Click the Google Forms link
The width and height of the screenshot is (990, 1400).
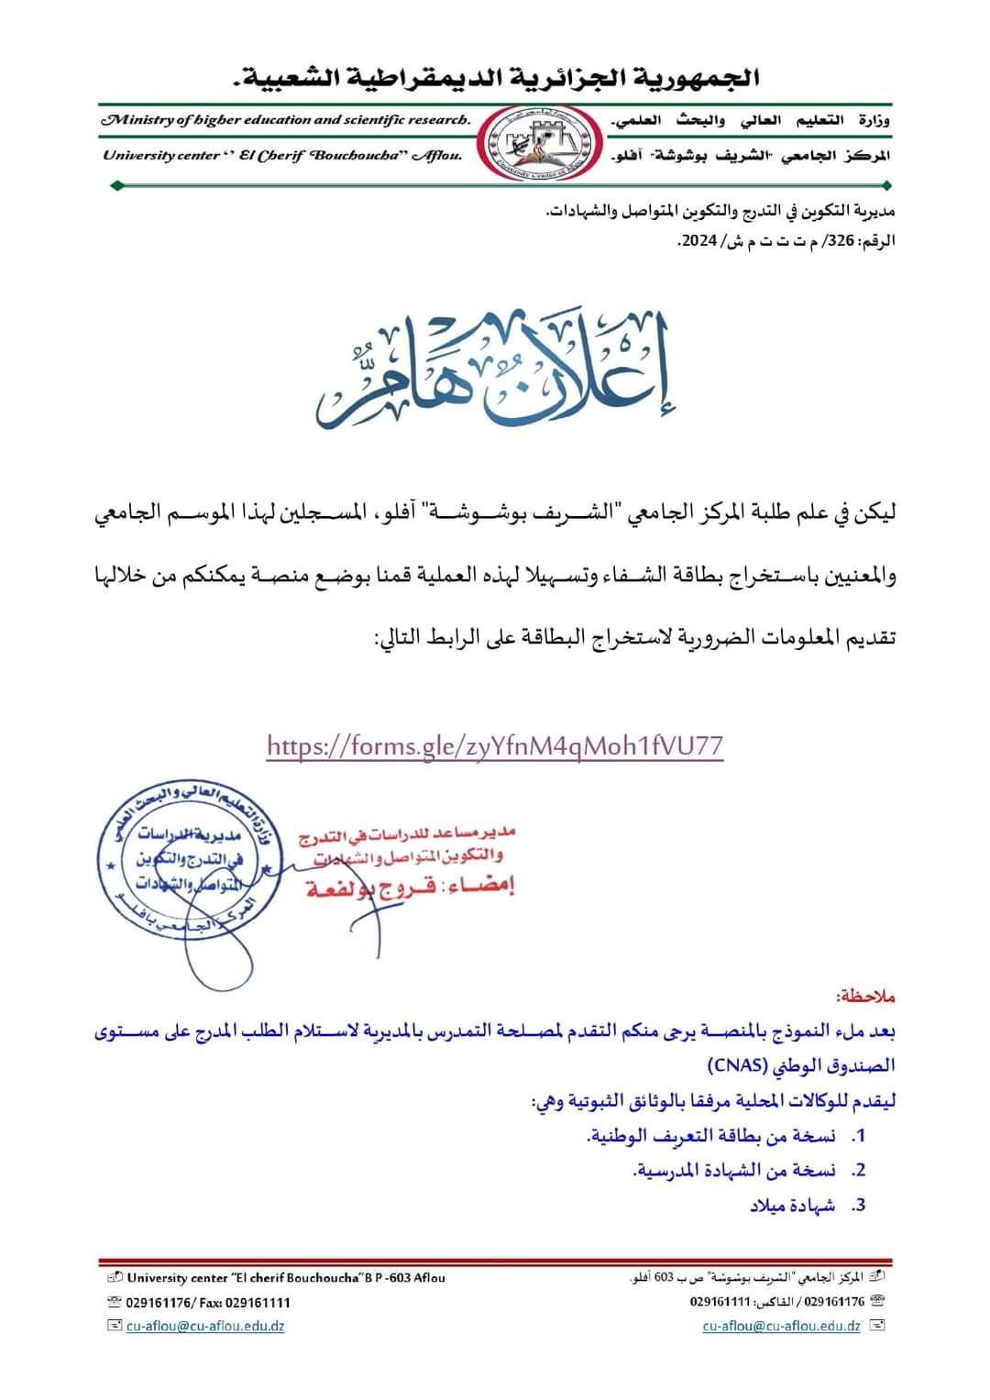495,745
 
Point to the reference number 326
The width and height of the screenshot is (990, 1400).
841,241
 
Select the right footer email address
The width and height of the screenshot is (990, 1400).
781,1326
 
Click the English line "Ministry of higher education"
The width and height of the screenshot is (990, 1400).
287,120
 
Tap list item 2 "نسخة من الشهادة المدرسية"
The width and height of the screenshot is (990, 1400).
734,1171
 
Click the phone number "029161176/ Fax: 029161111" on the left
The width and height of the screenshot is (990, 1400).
208,1302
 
